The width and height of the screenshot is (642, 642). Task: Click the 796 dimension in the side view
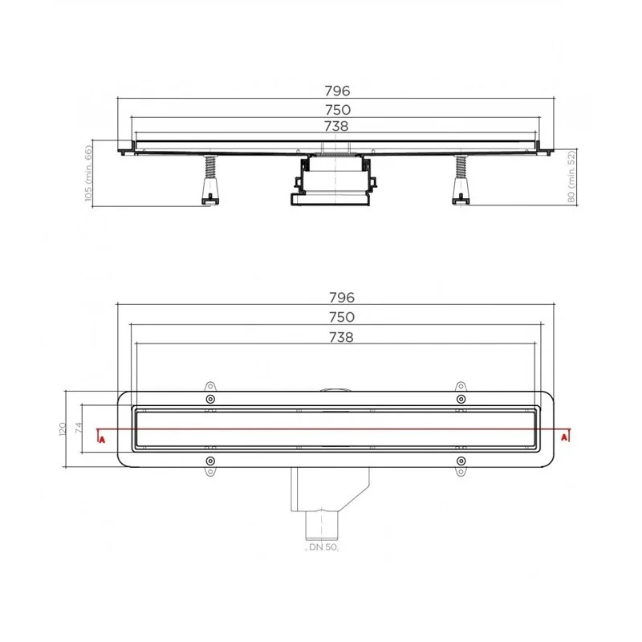(337, 91)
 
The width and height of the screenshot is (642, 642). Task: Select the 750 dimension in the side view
(338, 110)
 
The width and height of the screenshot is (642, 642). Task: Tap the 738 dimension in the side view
(336, 126)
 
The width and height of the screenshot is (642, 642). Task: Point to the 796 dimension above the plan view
(342, 297)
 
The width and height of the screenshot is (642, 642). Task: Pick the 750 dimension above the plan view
(342, 317)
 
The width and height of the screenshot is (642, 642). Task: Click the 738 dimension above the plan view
(341, 337)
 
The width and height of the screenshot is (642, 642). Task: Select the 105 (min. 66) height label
(88, 173)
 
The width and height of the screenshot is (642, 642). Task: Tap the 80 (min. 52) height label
(571, 177)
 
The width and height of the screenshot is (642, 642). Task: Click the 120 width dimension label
(63, 429)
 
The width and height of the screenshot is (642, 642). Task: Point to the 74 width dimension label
(79, 428)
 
